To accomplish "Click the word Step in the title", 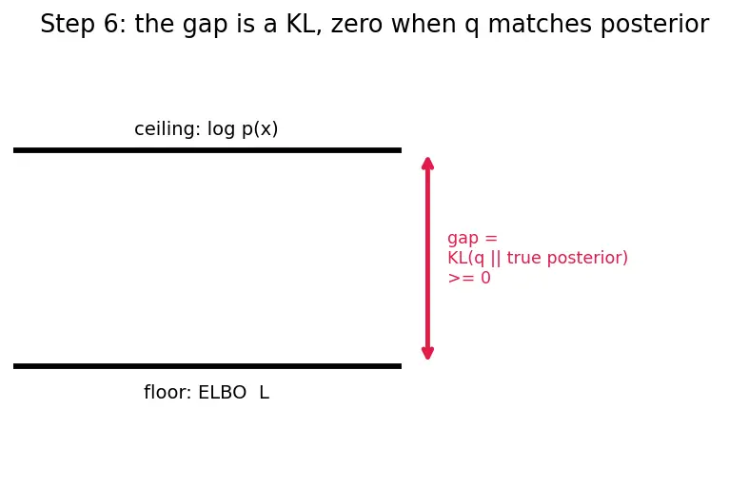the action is click(x=68, y=25).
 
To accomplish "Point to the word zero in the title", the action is click(x=357, y=25).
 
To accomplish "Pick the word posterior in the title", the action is click(x=655, y=25).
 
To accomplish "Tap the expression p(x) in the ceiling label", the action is click(x=260, y=129).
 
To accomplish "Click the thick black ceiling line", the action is click(x=207, y=150).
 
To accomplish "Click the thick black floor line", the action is click(x=207, y=366).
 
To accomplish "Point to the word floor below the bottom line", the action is click(x=168, y=393).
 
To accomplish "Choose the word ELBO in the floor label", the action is click(x=222, y=393).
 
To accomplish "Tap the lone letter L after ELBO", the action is click(x=265, y=393).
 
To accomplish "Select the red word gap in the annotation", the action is click(x=463, y=238).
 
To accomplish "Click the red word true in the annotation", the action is click(x=523, y=259).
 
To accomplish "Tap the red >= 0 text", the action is click(x=469, y=278).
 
